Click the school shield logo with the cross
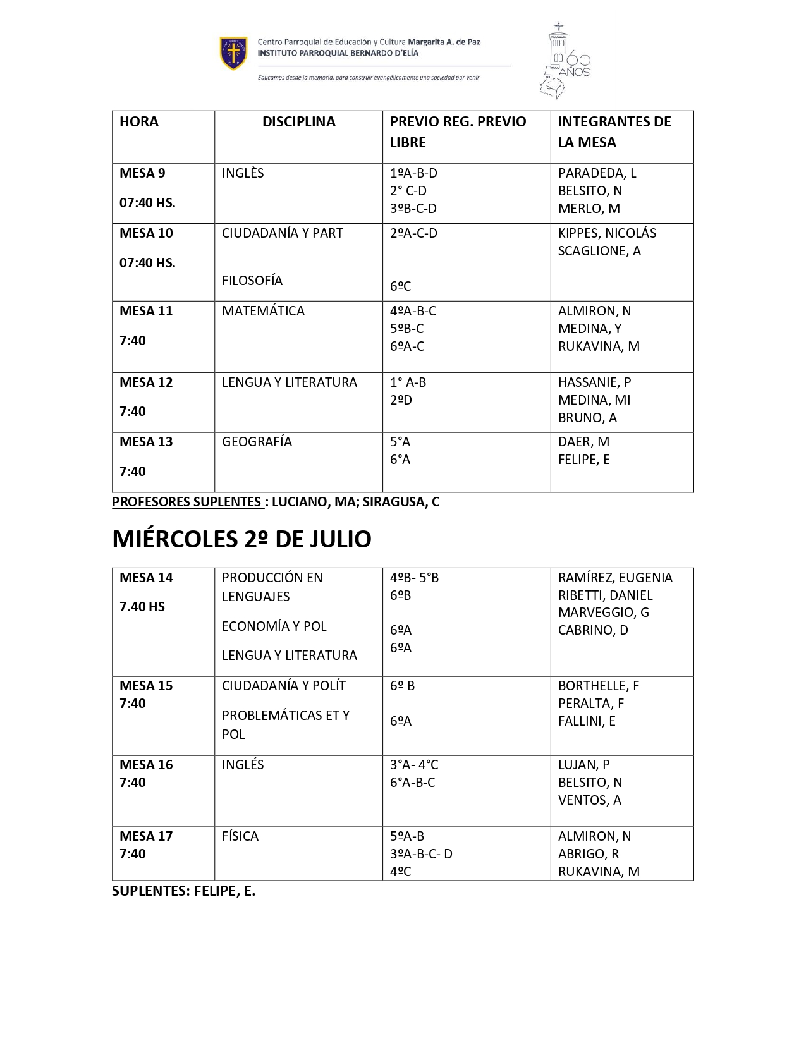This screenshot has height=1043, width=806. pos(233,53)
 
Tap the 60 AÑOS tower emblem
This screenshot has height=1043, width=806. pos(563,62)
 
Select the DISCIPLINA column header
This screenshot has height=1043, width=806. pos(298,122)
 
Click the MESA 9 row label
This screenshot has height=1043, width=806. pos(142,173)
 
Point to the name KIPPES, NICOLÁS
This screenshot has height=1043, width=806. pos(607,233)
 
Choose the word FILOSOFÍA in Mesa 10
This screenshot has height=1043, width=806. pos(252,281)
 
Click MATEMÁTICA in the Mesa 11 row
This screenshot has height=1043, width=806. pos(263,311)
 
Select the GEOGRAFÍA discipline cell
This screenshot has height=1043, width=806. pos(257,442)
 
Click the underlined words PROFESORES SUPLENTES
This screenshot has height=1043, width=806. pos(187,502)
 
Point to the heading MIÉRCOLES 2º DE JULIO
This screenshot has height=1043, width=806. pos(241,539)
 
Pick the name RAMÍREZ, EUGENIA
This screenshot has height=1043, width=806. pos(615,578)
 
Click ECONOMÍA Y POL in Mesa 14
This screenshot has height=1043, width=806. pos(274,626)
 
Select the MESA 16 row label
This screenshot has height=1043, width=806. pos(146,765)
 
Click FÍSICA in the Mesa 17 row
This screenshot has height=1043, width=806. pos(240,836)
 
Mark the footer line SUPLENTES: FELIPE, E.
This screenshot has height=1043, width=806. pos(183,891)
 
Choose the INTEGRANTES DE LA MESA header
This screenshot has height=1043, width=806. pos(614,131)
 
